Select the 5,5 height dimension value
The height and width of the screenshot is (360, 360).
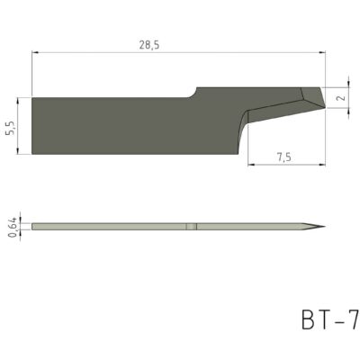[x=11, y=128]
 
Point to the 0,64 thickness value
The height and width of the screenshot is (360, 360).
[x=11, y=228]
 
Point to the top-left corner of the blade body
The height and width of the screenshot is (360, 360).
[x=32, y=98]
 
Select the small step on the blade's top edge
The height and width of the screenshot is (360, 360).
[x=192, y=92]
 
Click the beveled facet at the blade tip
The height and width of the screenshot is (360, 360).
[x=311, y=97]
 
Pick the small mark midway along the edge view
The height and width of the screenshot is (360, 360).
[x=192, y=227]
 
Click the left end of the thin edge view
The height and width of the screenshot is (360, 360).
[x=32, y=227]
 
